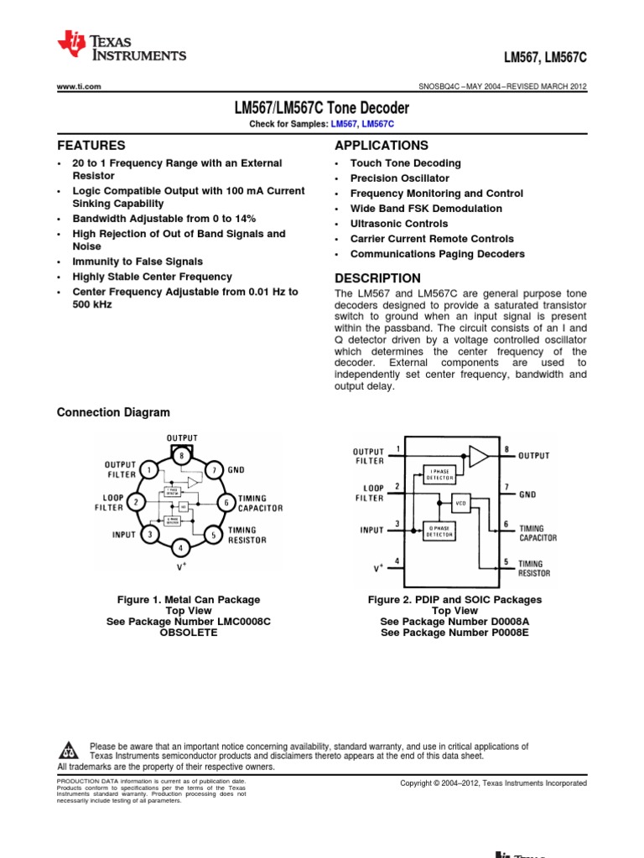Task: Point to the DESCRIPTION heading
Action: click(x=377, y=278)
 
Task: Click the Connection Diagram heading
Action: click(x=112, y=412)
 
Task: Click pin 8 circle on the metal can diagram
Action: click(x=181, y=455)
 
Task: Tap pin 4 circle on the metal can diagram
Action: click(x=181, y=548)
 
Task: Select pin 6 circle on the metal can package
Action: click(x=225, y=502)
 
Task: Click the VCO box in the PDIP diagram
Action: click(x=460, y=504)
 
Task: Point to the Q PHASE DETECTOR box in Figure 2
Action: click(x=439, y=530)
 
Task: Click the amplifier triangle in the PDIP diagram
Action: click(x=478, y=456)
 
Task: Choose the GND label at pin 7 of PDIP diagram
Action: click(x=527, y=494)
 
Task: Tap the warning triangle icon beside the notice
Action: click(x=70, y=749)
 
